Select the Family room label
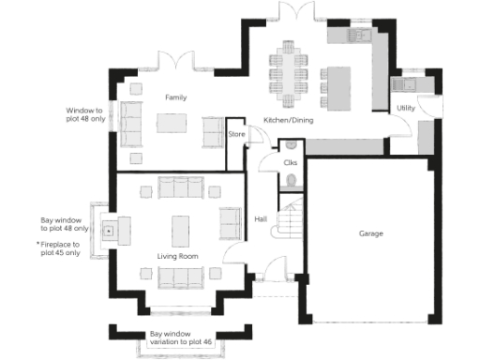176,97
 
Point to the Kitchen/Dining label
289,121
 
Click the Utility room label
406,109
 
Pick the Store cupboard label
236,135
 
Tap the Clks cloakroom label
291,162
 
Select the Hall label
261,219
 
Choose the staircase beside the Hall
292,228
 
